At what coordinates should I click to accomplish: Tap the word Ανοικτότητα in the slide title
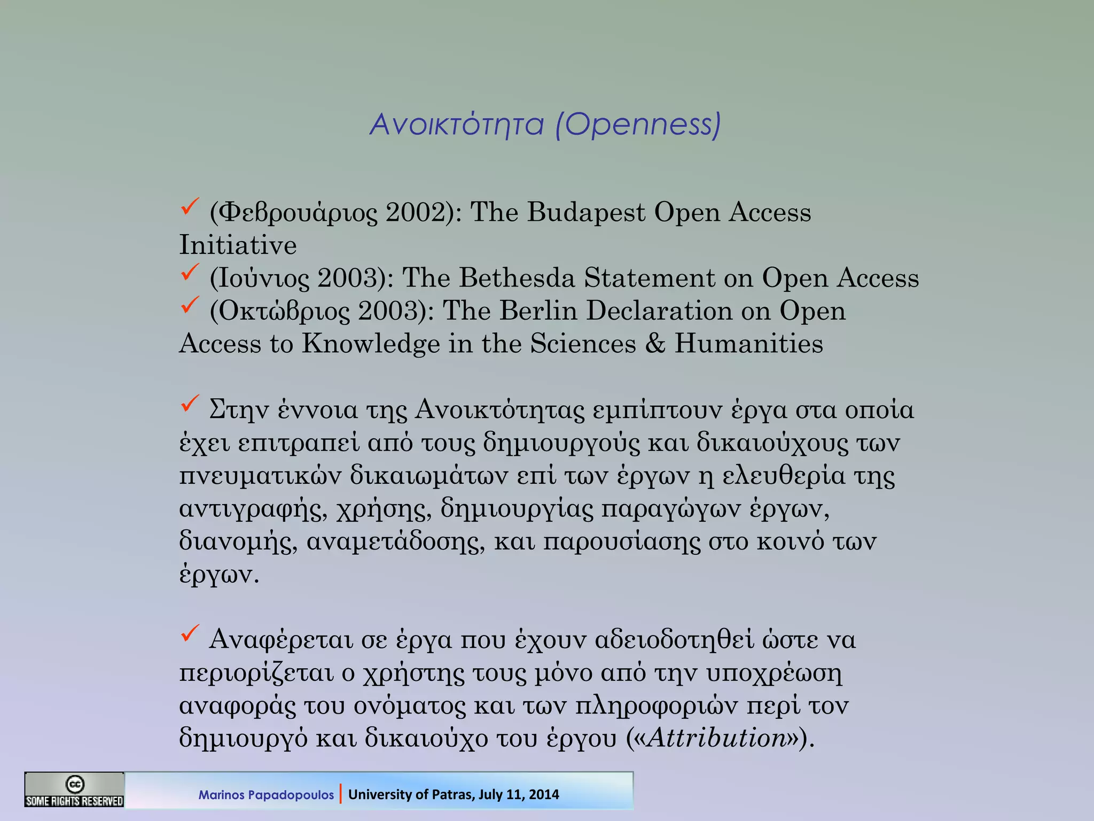457,125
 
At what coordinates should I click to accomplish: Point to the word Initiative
238,245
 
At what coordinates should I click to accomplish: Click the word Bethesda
517,278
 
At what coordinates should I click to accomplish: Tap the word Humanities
748,343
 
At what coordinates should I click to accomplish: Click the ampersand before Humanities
655,343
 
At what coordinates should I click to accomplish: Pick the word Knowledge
371,343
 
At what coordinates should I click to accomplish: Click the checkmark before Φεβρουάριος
190,206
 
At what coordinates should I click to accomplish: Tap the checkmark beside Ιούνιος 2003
190,272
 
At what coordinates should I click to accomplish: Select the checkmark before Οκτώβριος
190,305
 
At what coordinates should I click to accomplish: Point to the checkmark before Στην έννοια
190,404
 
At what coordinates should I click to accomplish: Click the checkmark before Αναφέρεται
190,633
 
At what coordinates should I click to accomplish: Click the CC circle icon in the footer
74,784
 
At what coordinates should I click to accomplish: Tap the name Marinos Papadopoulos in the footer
266,795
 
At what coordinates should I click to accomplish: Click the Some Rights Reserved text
74,801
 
